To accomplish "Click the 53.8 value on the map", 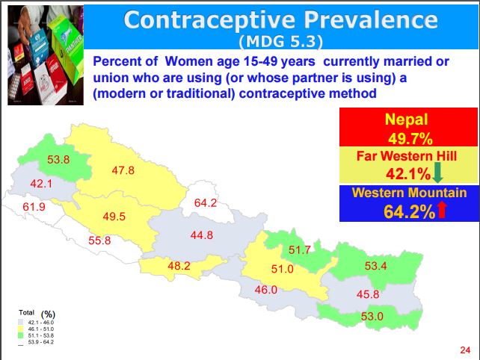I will click(x=58, y=160).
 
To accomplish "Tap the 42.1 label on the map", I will click(x=40, y=183).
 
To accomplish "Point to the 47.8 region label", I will click(x=123, y=170).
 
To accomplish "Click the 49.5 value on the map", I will click(x=114, y=217).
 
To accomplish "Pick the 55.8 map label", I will click(x=99, y=240).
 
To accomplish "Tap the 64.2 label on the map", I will click(x=205, y=203).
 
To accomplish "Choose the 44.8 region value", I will click(x=202, y=235).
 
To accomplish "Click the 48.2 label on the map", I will click(x=179, y=265).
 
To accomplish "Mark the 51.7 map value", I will click(x=299, y=250).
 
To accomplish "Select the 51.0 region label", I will click(x=281, y=270).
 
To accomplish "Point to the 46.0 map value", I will click(x=266, y=290).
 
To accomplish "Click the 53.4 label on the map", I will click(x=375, y=266).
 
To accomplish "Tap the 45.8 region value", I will click(x=368, y=294).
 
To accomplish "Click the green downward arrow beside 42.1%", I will click(x=438, y=175).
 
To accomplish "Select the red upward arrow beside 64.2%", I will click(x=441, y=211).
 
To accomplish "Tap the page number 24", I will click(x=465, y=350).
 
